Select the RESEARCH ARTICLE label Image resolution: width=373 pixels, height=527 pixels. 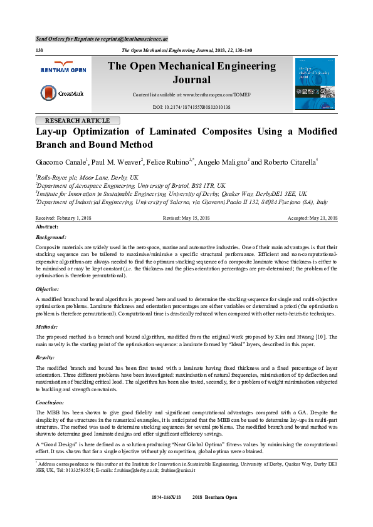point(77,120)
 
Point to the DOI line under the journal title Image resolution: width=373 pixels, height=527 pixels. point(192,108)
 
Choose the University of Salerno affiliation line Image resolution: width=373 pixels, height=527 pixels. point(182,202)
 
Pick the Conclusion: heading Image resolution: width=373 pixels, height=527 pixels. point(51,402)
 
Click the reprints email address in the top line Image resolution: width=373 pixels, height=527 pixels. point(137,38)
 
